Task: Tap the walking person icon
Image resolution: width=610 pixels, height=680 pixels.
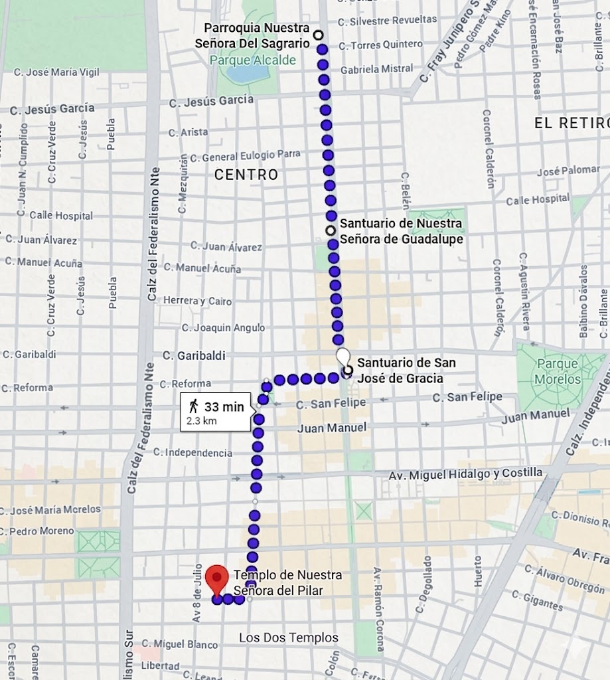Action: tap(194, 406)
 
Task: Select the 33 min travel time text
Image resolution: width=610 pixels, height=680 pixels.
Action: tap(224, 407)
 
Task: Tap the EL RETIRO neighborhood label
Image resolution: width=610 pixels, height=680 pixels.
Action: tap(572, 123)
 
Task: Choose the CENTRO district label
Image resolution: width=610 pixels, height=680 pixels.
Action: tap(246, 175)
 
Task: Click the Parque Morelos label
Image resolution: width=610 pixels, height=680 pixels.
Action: tap(558, 372)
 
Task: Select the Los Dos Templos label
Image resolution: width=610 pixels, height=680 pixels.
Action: tap(289, 637)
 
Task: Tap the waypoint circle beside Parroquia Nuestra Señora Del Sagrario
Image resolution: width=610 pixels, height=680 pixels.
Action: tap(319, 35)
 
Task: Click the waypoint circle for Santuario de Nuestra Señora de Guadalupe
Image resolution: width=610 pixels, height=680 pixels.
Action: tap(330, 230)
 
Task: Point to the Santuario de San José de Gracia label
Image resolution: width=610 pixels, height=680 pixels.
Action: tap(406, 371)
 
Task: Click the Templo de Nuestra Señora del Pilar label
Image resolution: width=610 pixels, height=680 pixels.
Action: tap(287, 581)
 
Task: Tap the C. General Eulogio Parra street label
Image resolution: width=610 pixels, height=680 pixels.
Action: tap(245, 156)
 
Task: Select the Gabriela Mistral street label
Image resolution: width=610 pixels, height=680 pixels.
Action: tap(376, 68)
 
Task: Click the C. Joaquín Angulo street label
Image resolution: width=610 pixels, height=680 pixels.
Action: tap(223, 327)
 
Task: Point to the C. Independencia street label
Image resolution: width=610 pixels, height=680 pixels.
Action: tap(192, 453)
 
